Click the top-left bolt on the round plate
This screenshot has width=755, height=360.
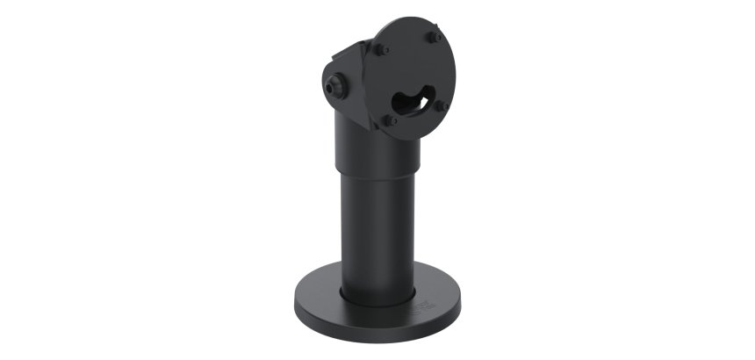point(383,50)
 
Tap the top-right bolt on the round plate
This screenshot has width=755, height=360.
point(435,37)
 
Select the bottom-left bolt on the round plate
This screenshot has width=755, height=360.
point(391,119)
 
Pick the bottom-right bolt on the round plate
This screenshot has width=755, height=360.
point(441,106)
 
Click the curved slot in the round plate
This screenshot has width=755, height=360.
point(413,100)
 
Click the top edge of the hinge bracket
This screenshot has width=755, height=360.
point(355,47)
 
